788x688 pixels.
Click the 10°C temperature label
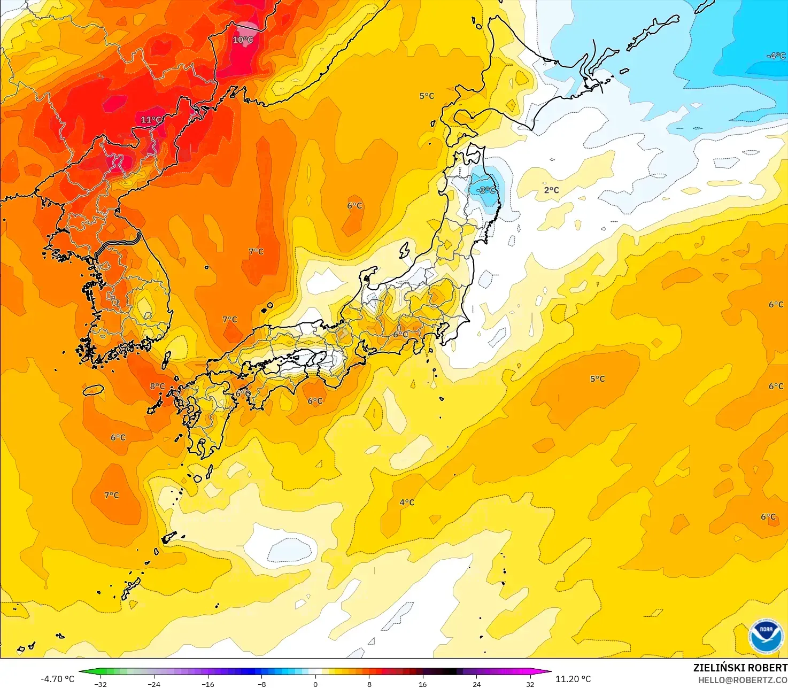(x=243, y=40)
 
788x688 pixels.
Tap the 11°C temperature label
(x=151, y=120)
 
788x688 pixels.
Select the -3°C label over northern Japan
(x=486, y=190)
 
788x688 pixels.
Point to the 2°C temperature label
(x=551, y=190)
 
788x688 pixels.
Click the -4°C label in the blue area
(x=776, y=56)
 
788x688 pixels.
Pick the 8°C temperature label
(x=157, y=386)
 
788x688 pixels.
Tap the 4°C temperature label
(x=407, y=502)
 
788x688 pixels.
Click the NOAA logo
(x=766, y=636)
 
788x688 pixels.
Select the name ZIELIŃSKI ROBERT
(x=740, y=668)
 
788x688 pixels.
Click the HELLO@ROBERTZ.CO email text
(x=743, y=679)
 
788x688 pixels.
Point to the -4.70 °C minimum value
(x=57, y=679)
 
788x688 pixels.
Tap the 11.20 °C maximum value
(x=573, y=679)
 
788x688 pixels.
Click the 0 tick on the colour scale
(x=315, y=684)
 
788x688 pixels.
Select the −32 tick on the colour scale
(x=100, y=684)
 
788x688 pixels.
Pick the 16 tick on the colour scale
(x=423, y=684)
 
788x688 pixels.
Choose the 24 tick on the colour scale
(x=476, y=684)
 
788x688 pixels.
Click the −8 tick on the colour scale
(x=261, y=684)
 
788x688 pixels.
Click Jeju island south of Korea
(x=93, y=390)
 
